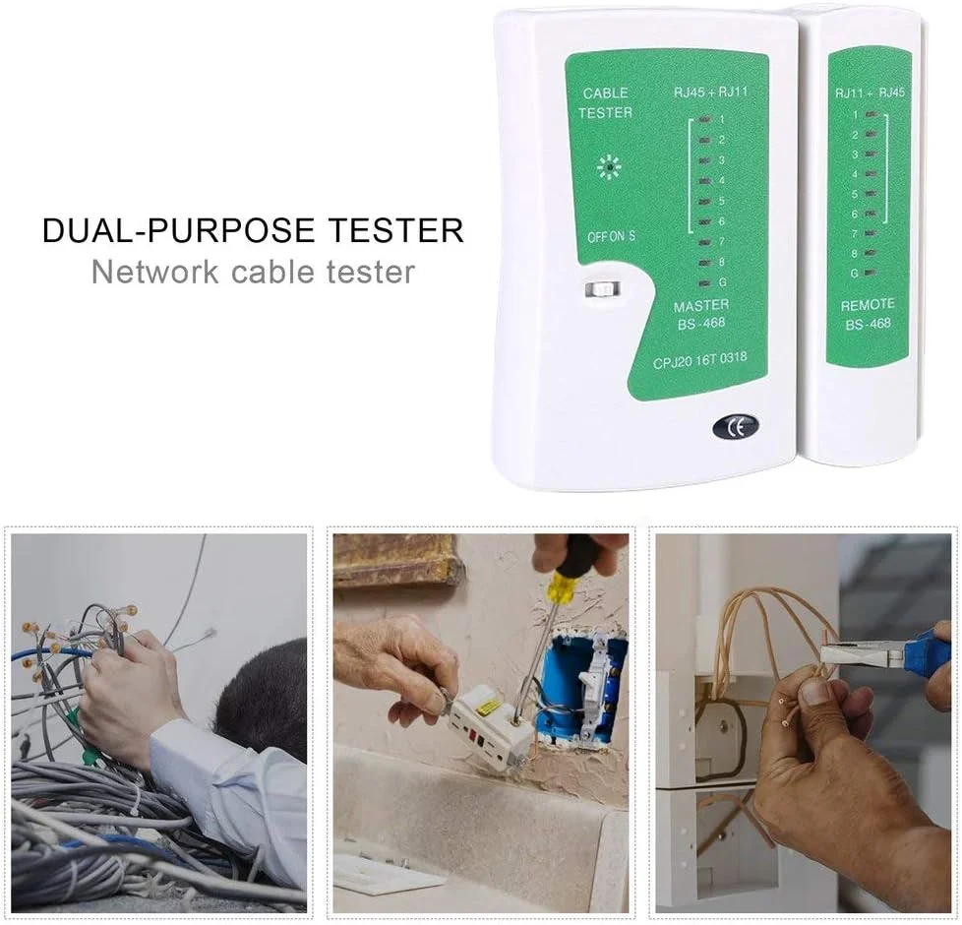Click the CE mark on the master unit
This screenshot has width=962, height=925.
735,427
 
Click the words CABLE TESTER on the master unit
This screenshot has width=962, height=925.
605,102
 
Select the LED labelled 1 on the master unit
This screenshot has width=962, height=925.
704,119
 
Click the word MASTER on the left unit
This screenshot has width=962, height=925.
699,307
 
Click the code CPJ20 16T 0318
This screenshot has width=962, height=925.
699,361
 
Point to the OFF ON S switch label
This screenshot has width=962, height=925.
611,236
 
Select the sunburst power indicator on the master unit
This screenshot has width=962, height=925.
609,168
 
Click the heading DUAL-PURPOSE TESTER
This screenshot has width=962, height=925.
253,230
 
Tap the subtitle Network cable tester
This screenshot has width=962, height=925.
253,271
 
